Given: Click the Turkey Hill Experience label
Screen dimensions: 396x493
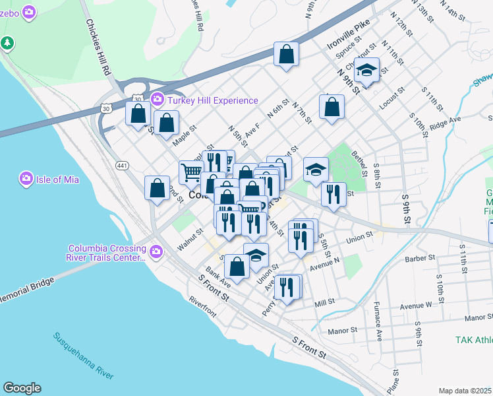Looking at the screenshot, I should pos(213,100).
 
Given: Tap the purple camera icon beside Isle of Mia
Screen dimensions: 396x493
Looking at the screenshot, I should pos(26,178).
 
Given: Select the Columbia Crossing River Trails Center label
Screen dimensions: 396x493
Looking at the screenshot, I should pos(107,253).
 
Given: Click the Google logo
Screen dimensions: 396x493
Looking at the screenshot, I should pos(22,388).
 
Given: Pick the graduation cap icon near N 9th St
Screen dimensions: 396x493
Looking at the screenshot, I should pos(366,69).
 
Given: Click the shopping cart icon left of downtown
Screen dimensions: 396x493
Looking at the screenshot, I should pos(191,173).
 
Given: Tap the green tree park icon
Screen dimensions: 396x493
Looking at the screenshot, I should pos(7,43).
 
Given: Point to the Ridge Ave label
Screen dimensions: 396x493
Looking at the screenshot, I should pos(445,123).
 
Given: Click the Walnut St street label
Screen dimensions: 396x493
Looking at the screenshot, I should pos(190,241).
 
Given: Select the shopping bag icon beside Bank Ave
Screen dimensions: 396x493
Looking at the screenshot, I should pos(237,266).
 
